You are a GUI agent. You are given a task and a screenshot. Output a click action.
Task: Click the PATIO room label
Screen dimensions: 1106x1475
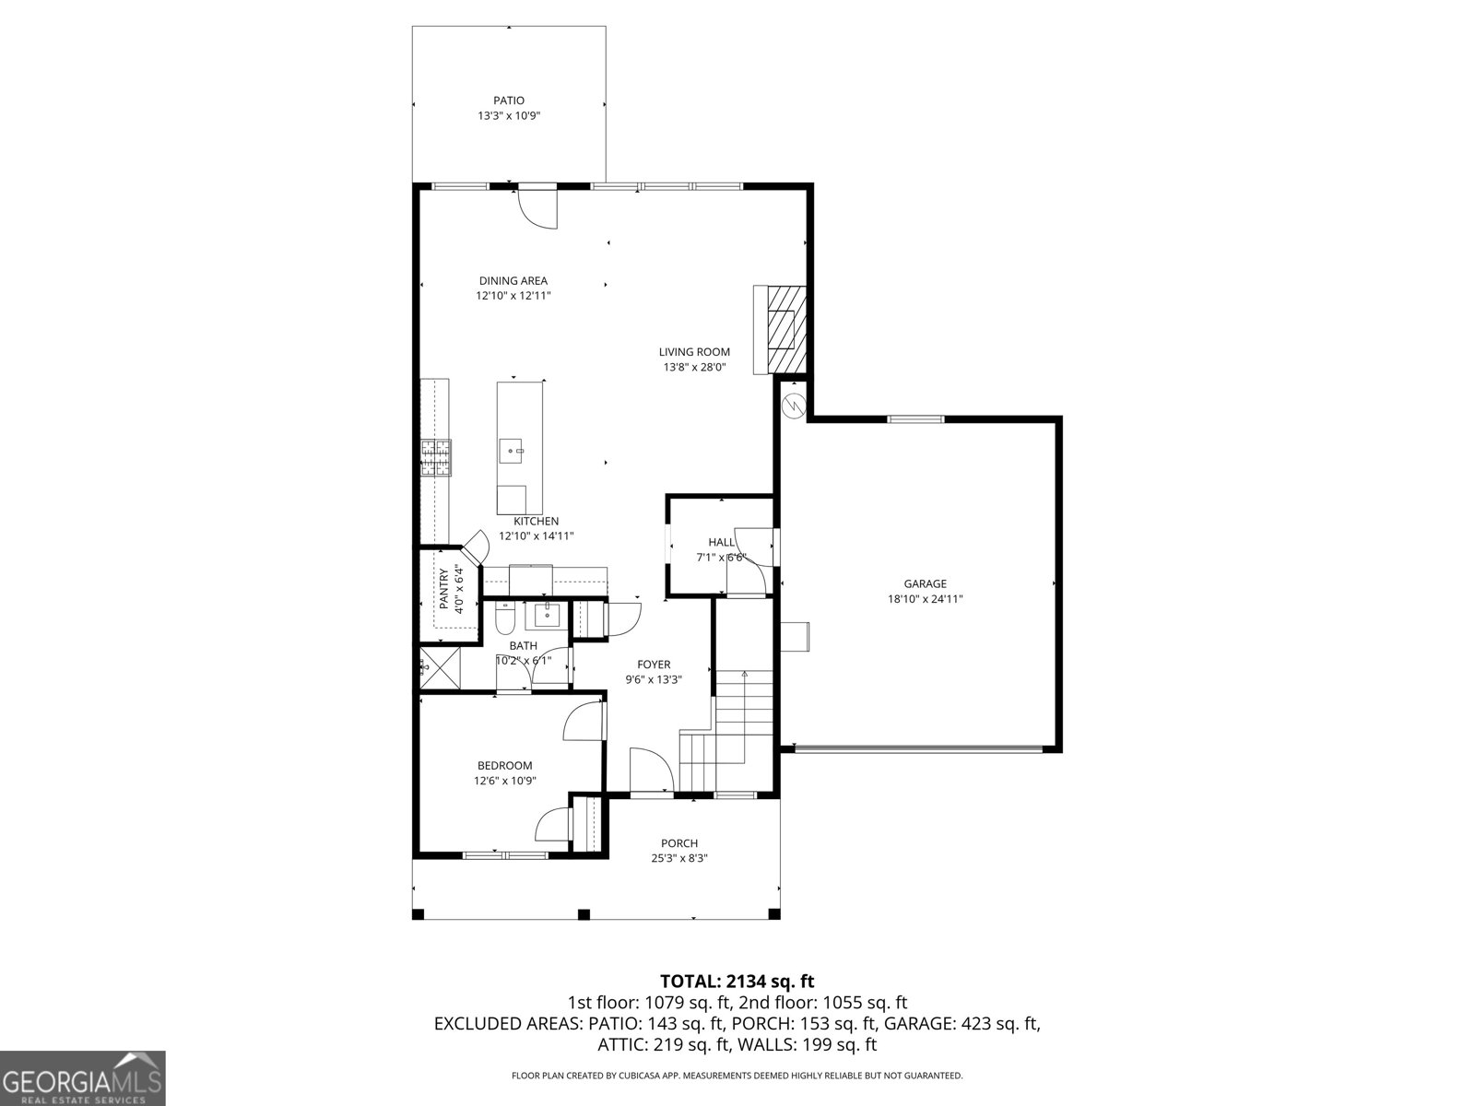click(x=508, y=100)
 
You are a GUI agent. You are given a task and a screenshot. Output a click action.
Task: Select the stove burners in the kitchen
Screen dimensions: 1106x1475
click(x=437, y=457)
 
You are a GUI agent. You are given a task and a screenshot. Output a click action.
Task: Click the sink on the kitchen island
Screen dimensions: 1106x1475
click(x=512, y=452)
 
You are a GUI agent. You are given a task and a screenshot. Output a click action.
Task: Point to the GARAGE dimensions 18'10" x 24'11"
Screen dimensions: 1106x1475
click(x=925, y=599)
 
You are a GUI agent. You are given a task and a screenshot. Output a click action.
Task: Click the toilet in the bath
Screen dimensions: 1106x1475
click(x=504, y=615)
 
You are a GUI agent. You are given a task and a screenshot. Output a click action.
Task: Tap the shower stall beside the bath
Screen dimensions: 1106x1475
click(x=439, y=668)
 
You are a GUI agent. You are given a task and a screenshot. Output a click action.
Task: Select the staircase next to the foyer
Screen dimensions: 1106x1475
click(x=728, y=728)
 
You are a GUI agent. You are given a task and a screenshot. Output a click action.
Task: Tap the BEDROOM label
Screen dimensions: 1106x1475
click(x=504, y=766)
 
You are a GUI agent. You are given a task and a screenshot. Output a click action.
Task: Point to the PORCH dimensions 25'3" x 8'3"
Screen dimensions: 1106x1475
click(x=679, y=858)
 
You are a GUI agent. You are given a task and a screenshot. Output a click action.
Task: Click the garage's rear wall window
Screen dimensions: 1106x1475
click(x=915, y=419)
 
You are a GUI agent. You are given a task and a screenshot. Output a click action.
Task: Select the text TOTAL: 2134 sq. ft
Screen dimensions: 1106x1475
click(x=737, y=982)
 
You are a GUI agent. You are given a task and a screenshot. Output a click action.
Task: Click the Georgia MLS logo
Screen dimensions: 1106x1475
click(x=83, y=1077)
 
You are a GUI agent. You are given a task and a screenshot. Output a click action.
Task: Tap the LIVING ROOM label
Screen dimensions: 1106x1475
click(x=694, y=352)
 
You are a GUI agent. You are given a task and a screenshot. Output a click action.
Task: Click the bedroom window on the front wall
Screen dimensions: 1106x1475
click(x=504, y=855)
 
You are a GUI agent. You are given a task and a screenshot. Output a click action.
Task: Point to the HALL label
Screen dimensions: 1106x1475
click(x=721, y=542)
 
